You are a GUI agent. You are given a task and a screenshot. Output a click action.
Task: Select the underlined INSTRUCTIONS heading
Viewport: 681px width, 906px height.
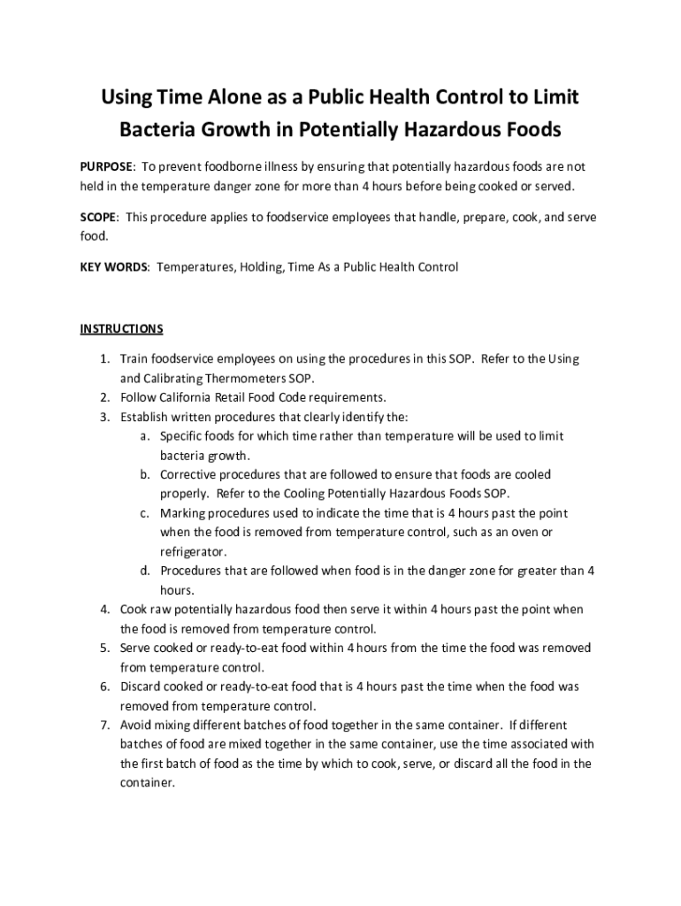coord(122,329)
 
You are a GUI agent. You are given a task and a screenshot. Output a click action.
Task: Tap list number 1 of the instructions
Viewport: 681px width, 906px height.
coord(103,358)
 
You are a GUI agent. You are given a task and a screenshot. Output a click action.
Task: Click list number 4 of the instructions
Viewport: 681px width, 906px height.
coord(103,610)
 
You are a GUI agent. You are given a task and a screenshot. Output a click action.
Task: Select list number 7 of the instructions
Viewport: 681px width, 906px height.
coord(103,725)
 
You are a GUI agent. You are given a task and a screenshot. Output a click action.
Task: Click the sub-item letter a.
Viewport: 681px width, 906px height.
coord(143,436)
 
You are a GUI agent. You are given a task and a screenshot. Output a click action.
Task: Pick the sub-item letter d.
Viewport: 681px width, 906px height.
coord(143,571)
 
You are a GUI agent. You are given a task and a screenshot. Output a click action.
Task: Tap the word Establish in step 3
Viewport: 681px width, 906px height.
coord(147,416)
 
